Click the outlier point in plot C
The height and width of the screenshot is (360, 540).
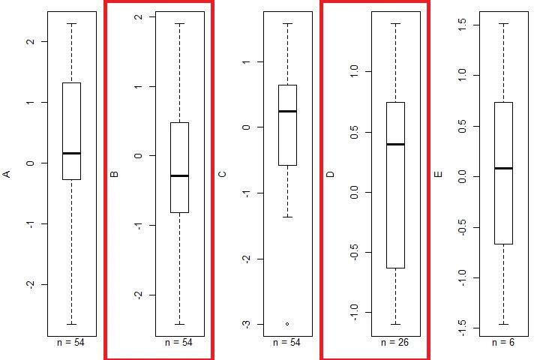(287, 324)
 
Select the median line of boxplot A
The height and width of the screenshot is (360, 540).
(72, 153)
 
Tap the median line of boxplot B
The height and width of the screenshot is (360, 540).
(179, 175)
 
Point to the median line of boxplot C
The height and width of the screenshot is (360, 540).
(287, 111)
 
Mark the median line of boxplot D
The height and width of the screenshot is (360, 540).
(395, 144)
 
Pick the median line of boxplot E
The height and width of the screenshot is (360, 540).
(503, 168)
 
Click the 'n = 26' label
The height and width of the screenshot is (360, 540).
(394, 343)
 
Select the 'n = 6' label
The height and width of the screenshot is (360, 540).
(502, 343)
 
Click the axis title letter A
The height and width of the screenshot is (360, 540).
(6, 174)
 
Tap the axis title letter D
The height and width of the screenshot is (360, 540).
(330, 174)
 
